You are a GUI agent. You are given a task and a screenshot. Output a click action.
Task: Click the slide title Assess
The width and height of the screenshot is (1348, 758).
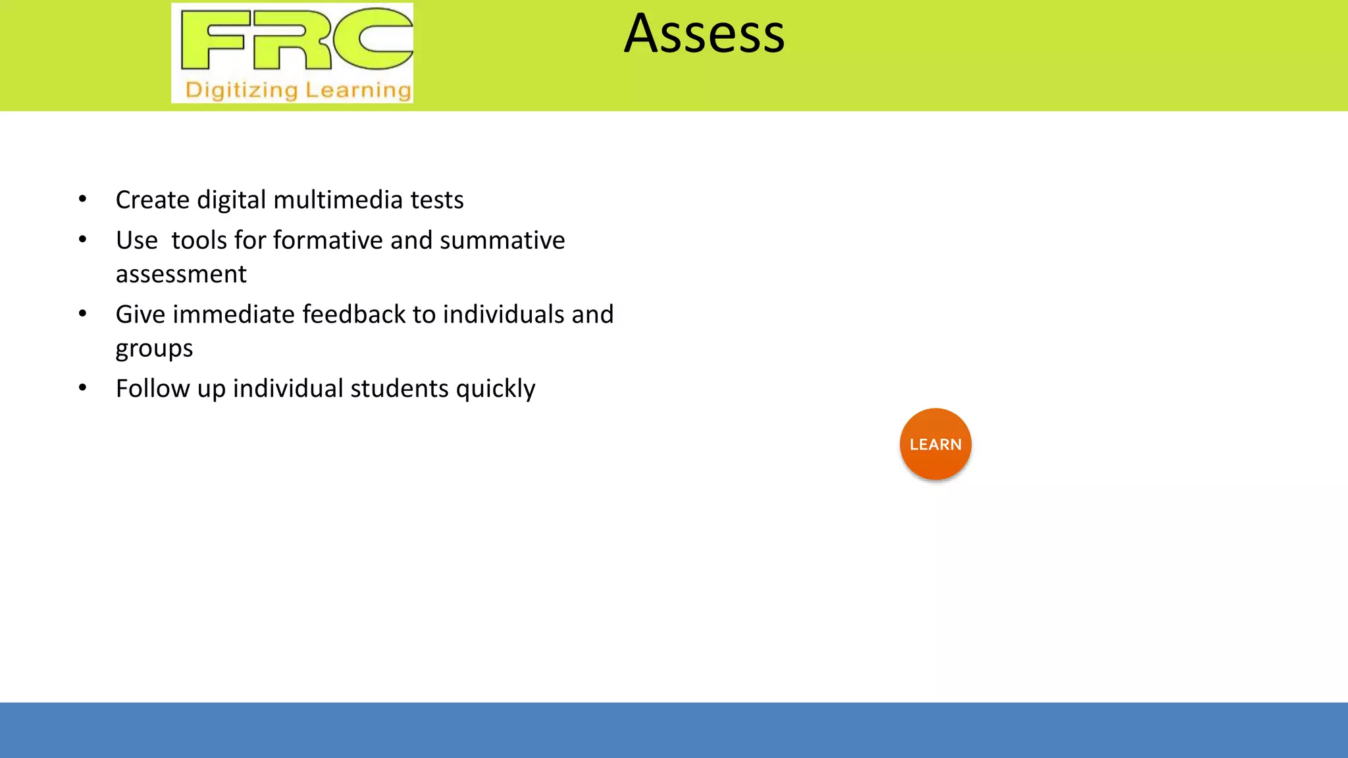click(704, 34)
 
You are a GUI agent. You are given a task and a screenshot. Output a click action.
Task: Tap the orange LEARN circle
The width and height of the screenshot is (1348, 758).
click(935, 445)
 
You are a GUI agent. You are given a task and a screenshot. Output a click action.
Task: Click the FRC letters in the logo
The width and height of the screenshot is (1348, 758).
click(296, 39)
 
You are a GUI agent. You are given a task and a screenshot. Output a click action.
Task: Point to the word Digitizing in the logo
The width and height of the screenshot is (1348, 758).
click(242, 90)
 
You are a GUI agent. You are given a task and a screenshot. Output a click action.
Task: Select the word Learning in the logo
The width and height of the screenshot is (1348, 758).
click(358, 90)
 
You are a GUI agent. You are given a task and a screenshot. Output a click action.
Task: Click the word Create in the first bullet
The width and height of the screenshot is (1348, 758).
click(153, 200)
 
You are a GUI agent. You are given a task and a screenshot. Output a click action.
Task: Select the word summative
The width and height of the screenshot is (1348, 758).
click(502, 241)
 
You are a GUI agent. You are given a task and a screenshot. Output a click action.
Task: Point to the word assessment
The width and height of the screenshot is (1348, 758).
click(181, 274)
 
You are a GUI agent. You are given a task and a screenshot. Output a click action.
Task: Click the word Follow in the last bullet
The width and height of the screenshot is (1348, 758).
click(153, 389)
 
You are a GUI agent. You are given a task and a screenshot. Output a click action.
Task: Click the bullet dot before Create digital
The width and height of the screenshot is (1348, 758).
click(82, 199)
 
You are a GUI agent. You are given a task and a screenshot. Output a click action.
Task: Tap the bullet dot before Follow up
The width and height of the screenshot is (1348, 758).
click(82, 388)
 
